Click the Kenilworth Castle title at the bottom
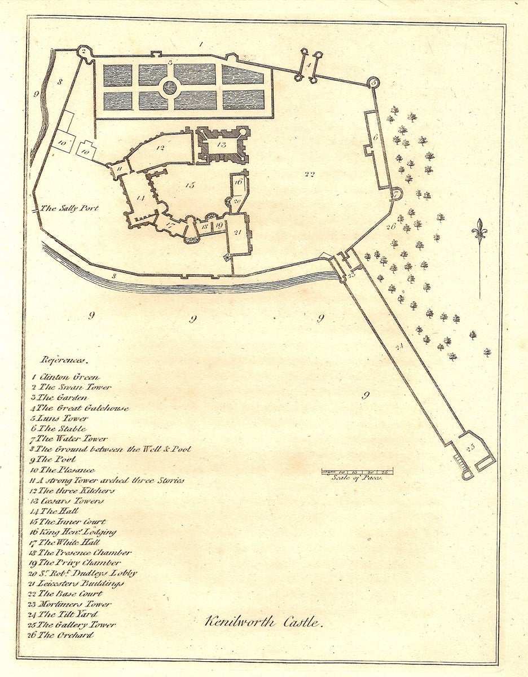pyautogui.click(x=263, y=623)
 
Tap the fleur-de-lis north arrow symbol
pyautogui.click(x=479, y=231)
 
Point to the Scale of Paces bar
pyautogui.click(x=357, y=471)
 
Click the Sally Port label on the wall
pyautogui.click(x=70, y=208)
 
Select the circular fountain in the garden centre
pyautogui.click(x=170, y=87)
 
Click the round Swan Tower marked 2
pyautogui.click(x=83, y=51)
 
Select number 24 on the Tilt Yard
pyautogui.click(x=400, y=346)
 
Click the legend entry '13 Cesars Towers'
pyautogui.click(x=68, y=501)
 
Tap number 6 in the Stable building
pyautogui.click(x=374, y=137)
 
